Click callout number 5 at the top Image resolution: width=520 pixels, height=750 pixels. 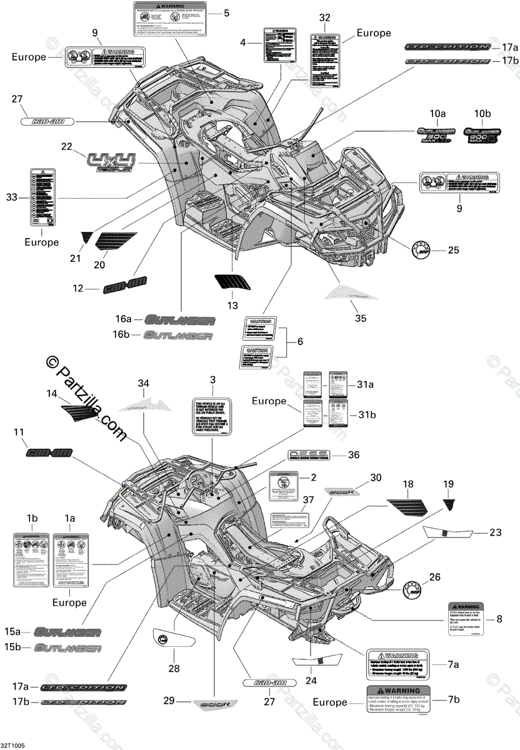click(x=226, y=12)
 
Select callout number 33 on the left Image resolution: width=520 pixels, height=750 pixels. click(x=12, y=197)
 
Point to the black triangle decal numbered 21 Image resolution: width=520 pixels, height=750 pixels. click(x=86, y=237)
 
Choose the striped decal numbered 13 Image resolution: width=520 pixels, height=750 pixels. click(x=232, y=282)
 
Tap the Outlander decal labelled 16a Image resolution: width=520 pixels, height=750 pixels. click(x=181, y=320)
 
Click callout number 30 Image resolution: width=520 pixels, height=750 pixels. click(x=392, y=477)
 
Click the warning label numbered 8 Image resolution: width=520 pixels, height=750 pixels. click(x=466, y=619)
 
